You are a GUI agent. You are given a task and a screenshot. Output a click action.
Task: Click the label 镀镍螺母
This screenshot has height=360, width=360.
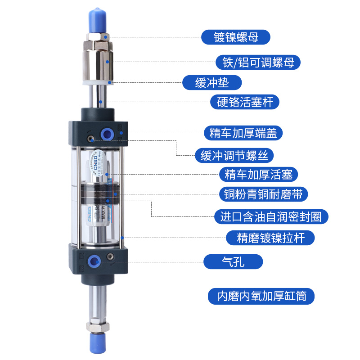[x=236, y=37]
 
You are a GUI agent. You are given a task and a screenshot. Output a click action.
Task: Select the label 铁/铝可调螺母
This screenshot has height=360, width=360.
[x=258, y=62]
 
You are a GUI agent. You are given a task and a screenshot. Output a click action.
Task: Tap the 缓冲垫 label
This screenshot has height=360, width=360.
[x=212, y=83]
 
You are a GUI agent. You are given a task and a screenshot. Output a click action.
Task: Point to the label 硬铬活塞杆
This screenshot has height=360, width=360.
[x=245, y=102]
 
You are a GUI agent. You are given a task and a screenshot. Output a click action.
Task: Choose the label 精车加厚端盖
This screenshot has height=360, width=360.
[x=243, y=133]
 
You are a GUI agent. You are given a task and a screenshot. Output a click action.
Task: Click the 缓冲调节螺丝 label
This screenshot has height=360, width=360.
[x=234, y=156]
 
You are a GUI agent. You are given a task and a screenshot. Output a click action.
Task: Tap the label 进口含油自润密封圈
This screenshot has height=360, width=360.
[x=271, y=216]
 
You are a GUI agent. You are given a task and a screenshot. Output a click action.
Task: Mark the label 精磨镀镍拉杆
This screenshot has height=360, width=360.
[x=270, y=237]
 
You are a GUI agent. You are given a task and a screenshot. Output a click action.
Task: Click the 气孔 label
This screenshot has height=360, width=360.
[x=233, y=261]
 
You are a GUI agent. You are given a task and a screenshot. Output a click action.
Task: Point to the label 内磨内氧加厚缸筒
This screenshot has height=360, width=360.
[x=261, y=297]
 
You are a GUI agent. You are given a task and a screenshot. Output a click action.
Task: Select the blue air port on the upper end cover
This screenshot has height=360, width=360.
[x=107, y=134]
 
